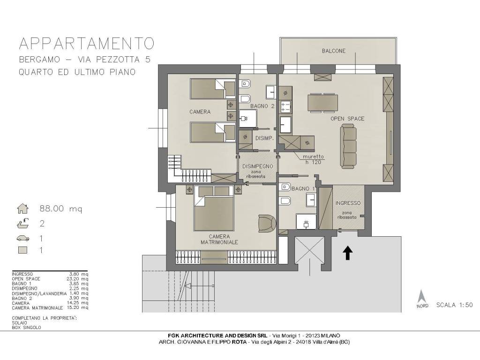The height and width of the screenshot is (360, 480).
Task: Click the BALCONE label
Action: tap(333, 51)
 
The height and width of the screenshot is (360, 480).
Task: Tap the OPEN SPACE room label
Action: tap(347, 119)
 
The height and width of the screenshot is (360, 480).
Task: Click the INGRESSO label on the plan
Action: tap(348, 203)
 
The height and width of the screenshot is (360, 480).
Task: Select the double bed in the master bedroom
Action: tap(214, 209)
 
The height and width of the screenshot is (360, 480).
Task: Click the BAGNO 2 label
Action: tap(262, 106)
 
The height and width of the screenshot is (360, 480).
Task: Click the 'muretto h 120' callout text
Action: tap(313, 159)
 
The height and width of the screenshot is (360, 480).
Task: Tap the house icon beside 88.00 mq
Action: tap(23, 209)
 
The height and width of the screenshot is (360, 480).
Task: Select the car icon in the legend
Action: tap(23, 238)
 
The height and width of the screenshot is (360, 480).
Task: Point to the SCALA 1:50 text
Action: tap(455, 305)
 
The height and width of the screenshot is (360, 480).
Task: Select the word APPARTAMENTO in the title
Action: tap(86, 44)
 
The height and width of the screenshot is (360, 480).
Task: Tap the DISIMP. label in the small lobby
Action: tap(264, 138)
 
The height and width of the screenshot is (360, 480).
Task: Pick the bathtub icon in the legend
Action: tap(23, 224)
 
